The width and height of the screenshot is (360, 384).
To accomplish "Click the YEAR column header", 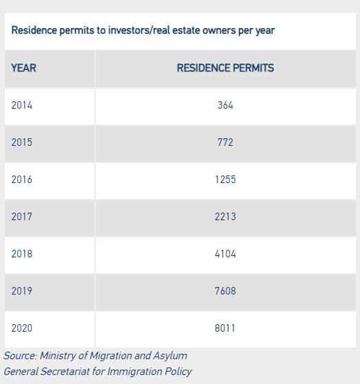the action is point(24,68).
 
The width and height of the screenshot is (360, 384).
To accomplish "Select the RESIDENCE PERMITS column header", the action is point(225,68).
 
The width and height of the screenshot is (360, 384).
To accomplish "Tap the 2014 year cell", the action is point(22,105).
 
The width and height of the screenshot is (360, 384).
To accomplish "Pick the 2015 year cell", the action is point(22,142).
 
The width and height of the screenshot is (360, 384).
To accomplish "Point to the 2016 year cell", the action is point(22,180).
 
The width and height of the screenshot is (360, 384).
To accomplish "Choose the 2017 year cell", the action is point(22,217).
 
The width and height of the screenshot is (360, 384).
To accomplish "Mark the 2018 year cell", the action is point(22,254).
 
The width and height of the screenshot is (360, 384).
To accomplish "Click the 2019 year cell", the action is point(22,291).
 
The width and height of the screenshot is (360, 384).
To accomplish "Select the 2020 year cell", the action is point(22,328).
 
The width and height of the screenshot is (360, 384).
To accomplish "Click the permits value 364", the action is point(225,105).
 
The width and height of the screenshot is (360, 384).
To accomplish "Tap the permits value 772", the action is point(225,142).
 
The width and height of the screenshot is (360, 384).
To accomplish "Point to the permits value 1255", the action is point(225,180).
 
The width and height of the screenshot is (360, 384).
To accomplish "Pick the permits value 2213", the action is point(225,217).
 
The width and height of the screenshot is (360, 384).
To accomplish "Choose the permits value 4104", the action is point(225,254).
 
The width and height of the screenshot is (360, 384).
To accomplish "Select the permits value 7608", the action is point(225,291).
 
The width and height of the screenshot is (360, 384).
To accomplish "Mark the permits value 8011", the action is point(225,328).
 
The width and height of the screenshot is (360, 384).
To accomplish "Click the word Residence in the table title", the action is point(34,30).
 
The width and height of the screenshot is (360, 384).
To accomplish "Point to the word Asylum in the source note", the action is point(170,356).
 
